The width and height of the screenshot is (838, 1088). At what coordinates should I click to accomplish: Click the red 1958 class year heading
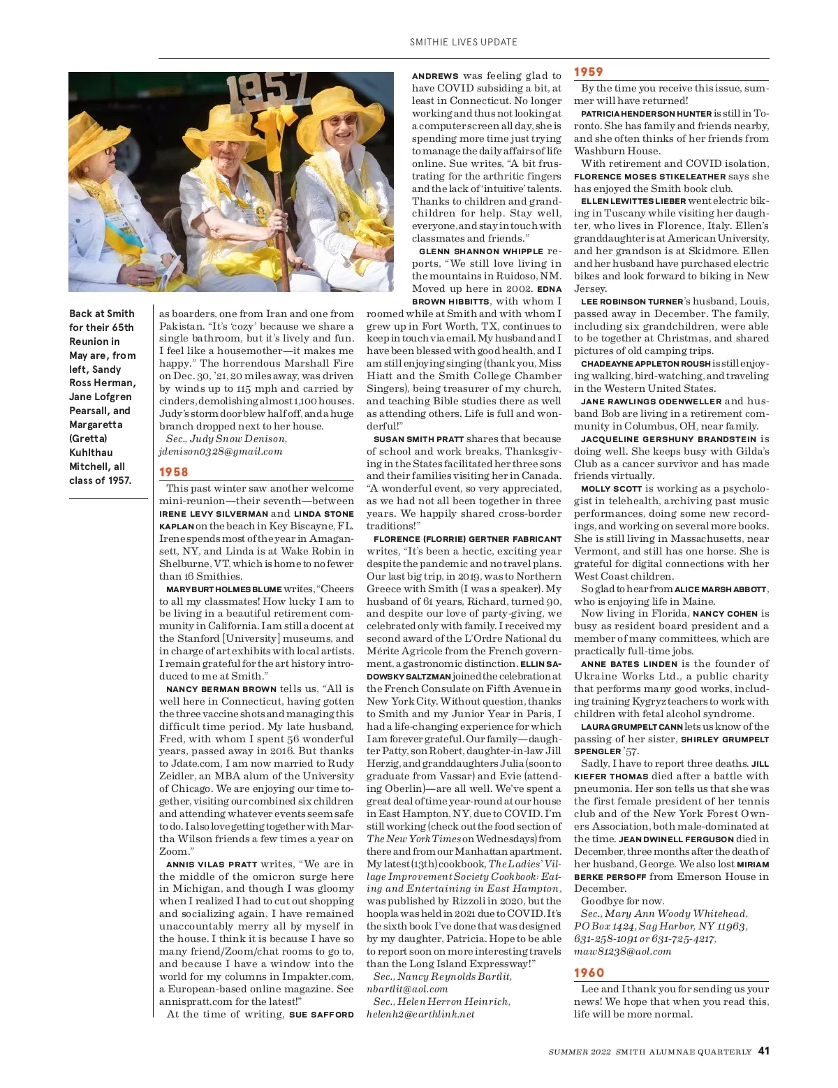[174, 472]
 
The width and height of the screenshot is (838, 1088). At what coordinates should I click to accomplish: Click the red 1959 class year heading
[589, 72]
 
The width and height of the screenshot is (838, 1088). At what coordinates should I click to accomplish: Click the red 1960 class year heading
[589, 973]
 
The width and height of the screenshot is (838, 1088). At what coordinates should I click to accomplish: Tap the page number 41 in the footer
[763, 1050]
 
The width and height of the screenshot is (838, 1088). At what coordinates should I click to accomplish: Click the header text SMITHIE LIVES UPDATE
[464, 42]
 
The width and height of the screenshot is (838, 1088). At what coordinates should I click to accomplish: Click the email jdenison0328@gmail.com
[221, 451]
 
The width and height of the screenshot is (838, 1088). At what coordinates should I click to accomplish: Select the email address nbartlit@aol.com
[407, 989]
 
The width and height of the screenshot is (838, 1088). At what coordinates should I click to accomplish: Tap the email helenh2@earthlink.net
[420, 1014]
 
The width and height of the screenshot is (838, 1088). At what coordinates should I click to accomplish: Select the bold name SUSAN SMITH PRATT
[418, 439]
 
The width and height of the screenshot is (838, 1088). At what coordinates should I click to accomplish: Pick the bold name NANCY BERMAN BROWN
[221, 689]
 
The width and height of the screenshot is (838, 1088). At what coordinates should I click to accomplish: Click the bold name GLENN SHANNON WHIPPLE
[481, 251]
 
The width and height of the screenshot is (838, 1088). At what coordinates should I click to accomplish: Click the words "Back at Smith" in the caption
[101, 314]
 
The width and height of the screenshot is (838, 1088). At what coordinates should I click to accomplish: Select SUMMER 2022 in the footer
[578, 1052]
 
